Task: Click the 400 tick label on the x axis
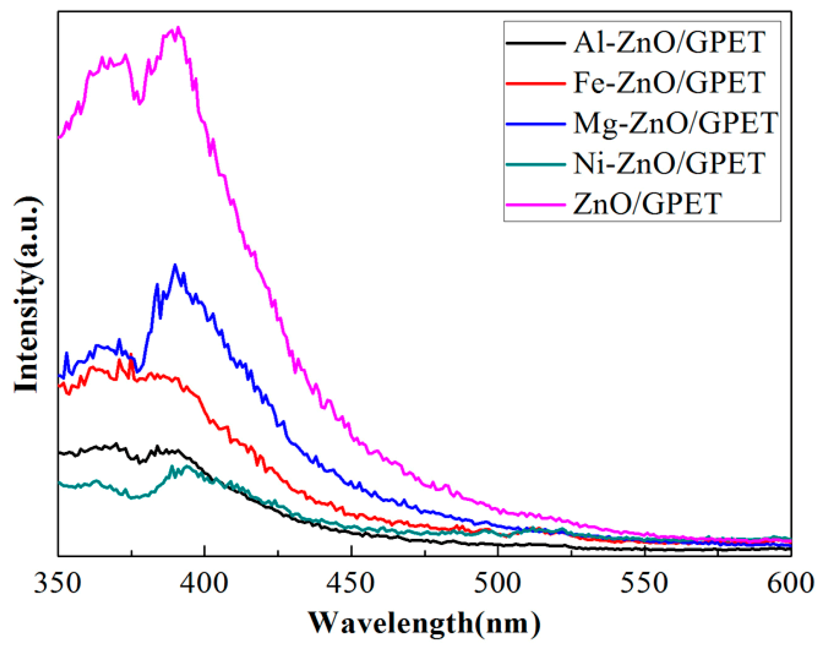coord(205,583)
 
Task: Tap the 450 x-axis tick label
coord(351,583)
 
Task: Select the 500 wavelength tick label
coord(498,583)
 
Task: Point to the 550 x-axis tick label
coord(644,583)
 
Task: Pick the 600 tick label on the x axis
coord(790,583)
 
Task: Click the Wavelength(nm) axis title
coord(424,623)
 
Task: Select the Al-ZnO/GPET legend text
coord(669,43)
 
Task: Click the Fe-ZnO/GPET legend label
coord(669,83)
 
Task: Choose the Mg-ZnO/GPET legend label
coord(675,123)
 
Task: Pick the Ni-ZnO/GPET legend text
coord(669,163)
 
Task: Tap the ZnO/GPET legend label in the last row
coord(647,204)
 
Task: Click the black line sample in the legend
coord(535,43)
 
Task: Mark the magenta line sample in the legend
coord(535,204)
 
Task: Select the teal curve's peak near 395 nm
coord(188,466)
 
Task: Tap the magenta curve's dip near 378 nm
coord(140,103)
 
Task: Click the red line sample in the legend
coord(535,83)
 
